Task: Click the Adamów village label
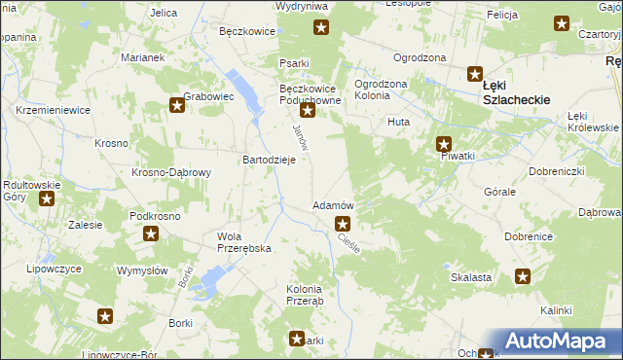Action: tap(332, 206)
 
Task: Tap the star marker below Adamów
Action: tap(342, 225)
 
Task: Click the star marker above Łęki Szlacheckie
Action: tap(475, 73)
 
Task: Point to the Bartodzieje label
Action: tap(269, 160)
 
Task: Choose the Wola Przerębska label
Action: tap(243, 242)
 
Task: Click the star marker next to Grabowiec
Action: tap(176, 105)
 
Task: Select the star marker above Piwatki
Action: tap(444, 143)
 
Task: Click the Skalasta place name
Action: tap(470, 277)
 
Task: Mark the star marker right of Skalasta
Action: tap(523, 276)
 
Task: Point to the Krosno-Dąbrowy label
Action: tap(171, 172)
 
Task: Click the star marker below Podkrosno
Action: tap(151, 234)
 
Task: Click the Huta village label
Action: tap(398, 122)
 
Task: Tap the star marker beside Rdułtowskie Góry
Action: tap(46, 199)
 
